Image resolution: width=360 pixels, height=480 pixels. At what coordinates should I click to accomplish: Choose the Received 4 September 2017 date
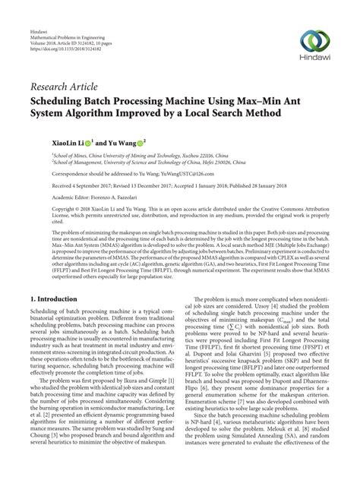coord(84,185)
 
